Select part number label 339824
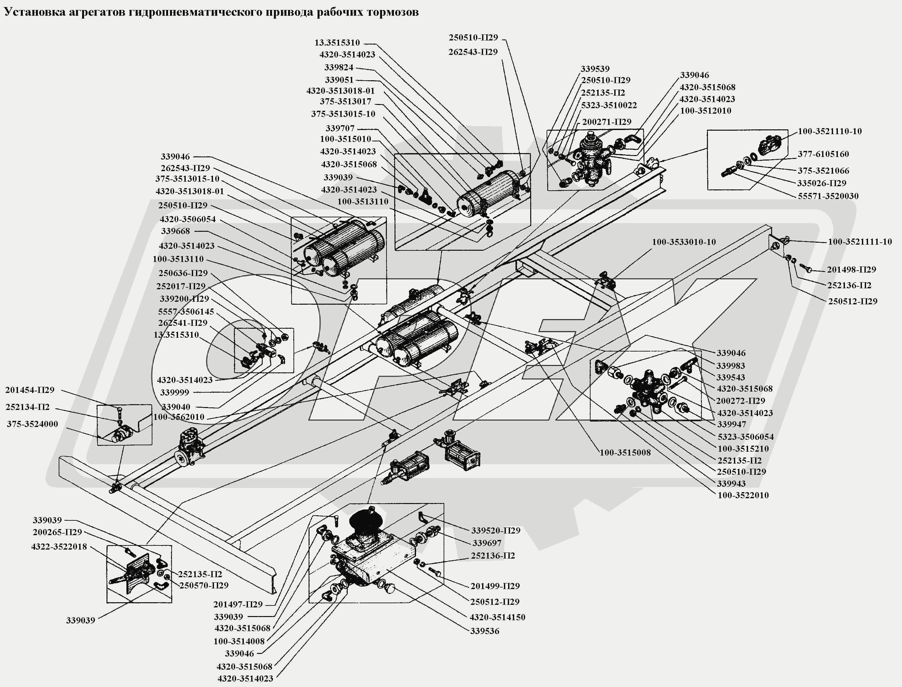[339, 67]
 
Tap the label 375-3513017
[345, 101]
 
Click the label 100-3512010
[705, 111]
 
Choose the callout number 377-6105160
[823, 154]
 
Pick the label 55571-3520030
[828, 196]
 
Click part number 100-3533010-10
[684, 242]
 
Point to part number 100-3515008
[625, 453]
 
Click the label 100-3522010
[743, 495]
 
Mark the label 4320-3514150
[497, 617]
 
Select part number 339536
[484, 631]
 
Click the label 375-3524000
[32, 424]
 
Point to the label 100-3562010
[179, 417]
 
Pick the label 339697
[487, 543]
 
